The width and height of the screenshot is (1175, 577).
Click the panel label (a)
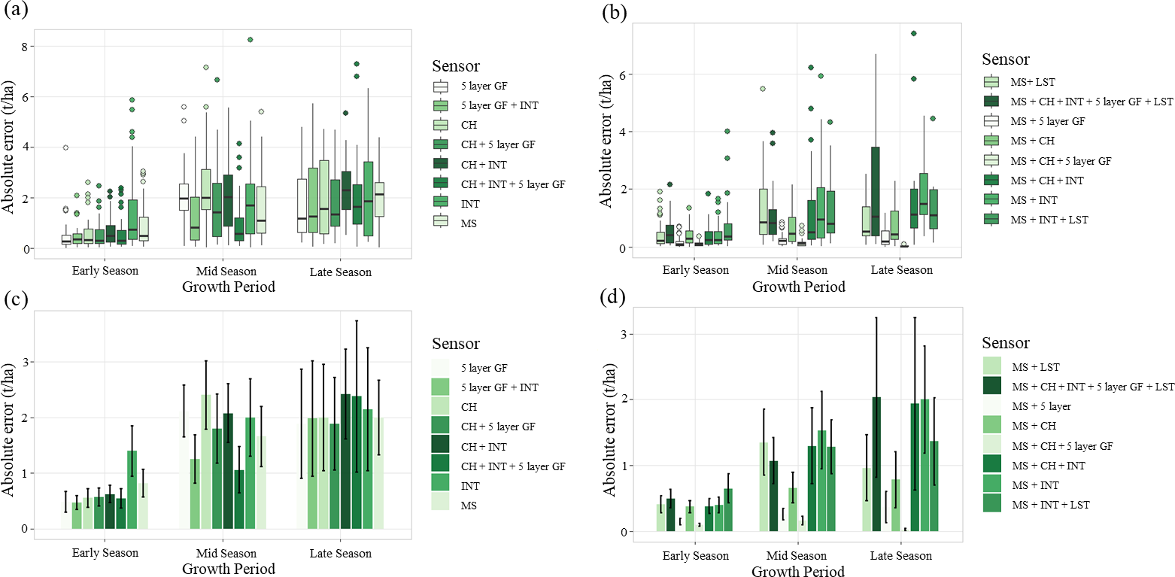(15, 10)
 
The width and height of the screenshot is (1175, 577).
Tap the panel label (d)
(613, 297)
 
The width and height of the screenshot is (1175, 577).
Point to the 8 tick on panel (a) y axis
(25, 46)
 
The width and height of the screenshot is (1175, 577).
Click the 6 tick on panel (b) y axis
(622, 74)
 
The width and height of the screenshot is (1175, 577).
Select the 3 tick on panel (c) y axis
(25, 362)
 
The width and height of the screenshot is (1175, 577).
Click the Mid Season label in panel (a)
(226, 271)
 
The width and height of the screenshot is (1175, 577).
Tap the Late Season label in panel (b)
(902, 270)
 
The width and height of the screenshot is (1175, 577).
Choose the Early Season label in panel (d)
(696, 556)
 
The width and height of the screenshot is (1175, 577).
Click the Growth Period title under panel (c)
(229, 569)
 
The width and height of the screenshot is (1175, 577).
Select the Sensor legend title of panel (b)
(1006, 59)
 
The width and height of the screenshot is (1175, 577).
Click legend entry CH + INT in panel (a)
(484, 165)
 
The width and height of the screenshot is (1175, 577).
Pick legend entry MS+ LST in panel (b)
(1033, 82)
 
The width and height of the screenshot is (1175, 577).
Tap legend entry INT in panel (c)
(470, 486)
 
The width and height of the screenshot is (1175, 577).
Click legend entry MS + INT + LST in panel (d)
(1051, 505)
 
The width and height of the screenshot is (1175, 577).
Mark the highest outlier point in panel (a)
(250, 39)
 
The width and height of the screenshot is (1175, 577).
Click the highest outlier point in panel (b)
(913, 34)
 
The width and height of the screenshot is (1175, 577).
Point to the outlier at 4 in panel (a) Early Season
(65, 147)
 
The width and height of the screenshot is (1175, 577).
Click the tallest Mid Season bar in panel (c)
(205, 462)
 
